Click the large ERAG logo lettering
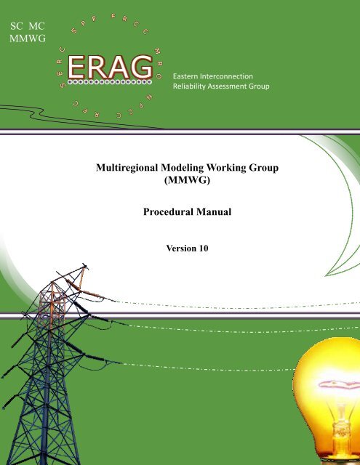(x=110, y=67)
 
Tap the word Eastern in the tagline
(x=185, y=76)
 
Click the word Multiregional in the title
(x=127, y=168)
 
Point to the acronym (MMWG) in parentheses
(x=187, y=180)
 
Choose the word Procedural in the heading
(x=168, y=211)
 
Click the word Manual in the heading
(x=214, y=211)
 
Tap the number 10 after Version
(x=204, y=248)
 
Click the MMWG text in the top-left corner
(x=28, y=39)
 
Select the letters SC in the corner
(x=16, y=26)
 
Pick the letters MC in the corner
(x=37, y=26)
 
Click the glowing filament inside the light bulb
(x=339, y=385)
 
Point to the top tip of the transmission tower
(x=84, y=264)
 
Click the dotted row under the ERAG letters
(x=110, y=82)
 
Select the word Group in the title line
(x=263, y=168)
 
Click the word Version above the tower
(x=181, y=248)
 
